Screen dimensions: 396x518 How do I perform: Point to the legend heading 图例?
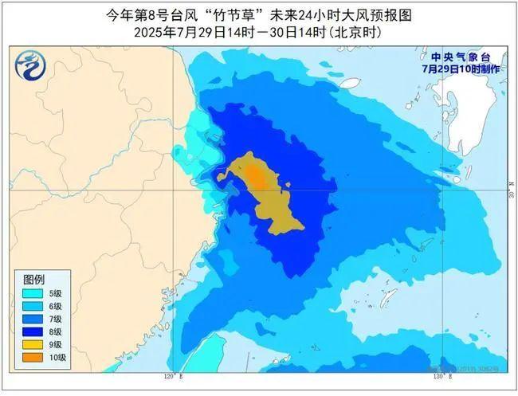pyautogui.click(x=33, y=280)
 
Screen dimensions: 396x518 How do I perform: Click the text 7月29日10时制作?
pyautogui.click(x=461, y=69)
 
